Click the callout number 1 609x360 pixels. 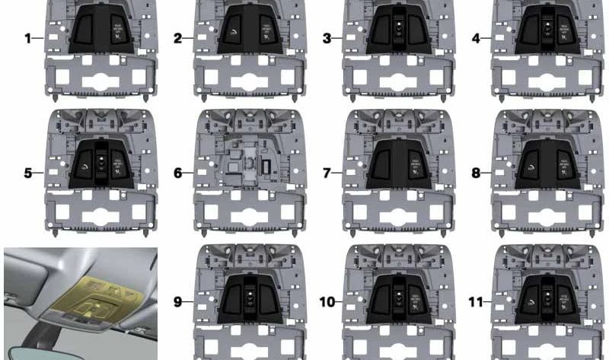coord(28,37)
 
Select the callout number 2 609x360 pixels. coord(177,37)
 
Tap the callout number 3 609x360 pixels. coord(327,37)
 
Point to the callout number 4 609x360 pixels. coord(476,37)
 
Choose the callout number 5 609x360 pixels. coord(28,173)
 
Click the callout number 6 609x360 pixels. coord(177,173)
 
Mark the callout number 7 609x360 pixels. coord(327,173)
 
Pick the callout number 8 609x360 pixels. coord(476,173)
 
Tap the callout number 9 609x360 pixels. coord(177,302)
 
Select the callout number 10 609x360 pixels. coord(327,302)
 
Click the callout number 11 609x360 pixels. coord(476,302)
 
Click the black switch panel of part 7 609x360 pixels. coord(395,164)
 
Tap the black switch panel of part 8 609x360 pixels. coord(544,164)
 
